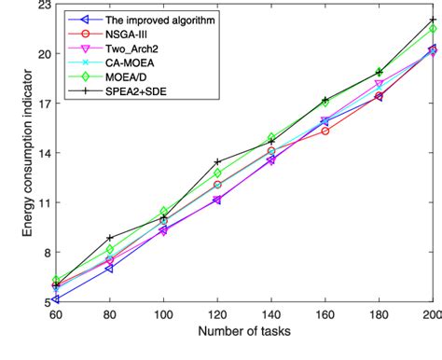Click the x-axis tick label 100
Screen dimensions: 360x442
(164, 314)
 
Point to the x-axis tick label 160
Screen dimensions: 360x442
(325, 314)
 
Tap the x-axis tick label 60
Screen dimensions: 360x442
(56, 314)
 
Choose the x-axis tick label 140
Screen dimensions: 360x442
(271, 314)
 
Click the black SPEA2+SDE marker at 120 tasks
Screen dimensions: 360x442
(217, 162)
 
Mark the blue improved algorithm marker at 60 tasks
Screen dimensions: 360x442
(56, 298)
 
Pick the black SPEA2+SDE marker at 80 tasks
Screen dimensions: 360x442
(110, 239)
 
